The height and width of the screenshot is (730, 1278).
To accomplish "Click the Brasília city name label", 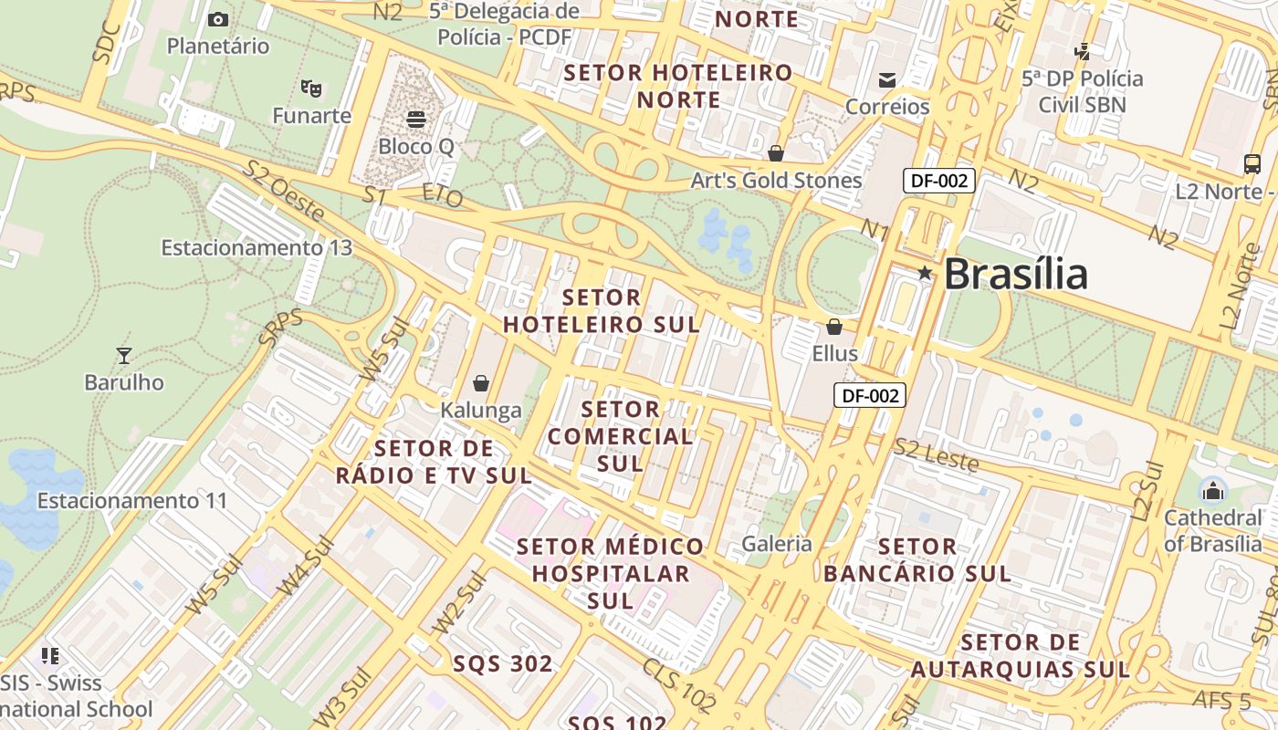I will point(1015,274).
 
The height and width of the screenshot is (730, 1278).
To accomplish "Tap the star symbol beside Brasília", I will point(925,273).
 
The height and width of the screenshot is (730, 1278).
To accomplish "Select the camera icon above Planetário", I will point(218,19).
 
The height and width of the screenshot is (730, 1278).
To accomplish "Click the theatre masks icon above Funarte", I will point(311,89).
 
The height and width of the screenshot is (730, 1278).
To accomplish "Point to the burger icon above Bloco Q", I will point(416,119).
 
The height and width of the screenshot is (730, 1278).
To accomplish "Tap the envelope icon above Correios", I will point(886,80).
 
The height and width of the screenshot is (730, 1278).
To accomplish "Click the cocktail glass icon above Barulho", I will point(124,355).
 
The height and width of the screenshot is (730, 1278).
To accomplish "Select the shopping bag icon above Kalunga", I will point(481,383).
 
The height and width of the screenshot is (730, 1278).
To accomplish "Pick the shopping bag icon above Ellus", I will point(834,327).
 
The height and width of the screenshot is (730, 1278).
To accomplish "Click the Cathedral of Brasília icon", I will point(1212,491).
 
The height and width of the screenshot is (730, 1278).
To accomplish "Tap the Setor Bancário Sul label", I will point(917,560).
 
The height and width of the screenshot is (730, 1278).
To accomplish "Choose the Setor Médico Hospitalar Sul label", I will point(611,573).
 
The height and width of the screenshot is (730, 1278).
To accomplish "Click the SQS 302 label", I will point(503,663).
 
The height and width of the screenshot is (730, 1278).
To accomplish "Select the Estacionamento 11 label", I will point(131,501).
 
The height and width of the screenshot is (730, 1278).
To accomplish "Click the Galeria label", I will point(777,544).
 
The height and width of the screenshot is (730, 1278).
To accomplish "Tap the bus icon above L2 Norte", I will point(1252,164).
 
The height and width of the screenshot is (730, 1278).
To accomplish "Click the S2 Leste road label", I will point(936,456).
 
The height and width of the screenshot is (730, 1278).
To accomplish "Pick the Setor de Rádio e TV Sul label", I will point(434,462).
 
